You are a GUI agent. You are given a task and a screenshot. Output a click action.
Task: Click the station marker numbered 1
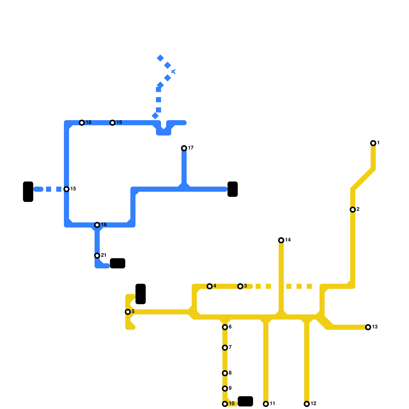point(373,143)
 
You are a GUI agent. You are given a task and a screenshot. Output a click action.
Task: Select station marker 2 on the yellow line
point(353,210)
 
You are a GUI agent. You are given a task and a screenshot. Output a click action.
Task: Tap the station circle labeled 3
point(240,286)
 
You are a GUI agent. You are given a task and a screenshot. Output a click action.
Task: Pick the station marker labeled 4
point(210,286)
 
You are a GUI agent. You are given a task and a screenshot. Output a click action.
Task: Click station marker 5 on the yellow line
point(128,312)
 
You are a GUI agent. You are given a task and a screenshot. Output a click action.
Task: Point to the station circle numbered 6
point(225,327)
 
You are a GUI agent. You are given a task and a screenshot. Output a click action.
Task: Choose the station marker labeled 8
point(225,373)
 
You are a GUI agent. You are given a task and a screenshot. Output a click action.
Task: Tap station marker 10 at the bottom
point(225,404)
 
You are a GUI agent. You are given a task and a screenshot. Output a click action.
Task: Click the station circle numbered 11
point(266,404)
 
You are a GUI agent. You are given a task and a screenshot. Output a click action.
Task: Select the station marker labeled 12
point(307,404)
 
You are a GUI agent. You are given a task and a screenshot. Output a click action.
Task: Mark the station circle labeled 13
point(368,327)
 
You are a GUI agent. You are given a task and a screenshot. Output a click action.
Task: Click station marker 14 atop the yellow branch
point(281,240)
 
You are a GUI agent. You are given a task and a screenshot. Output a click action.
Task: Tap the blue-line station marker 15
point(66,189)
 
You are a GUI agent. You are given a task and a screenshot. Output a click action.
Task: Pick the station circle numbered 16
point(97,225)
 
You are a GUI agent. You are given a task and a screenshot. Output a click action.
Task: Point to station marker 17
point(184,148)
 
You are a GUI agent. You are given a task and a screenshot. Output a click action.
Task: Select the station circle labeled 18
point(82,123)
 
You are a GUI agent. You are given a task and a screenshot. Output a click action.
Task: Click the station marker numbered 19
point(112,123)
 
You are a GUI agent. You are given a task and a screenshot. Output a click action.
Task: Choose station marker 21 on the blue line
point(97,256)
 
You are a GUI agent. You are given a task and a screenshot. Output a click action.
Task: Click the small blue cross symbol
point(173,72)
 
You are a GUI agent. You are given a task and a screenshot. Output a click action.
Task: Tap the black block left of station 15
point(28,192)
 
